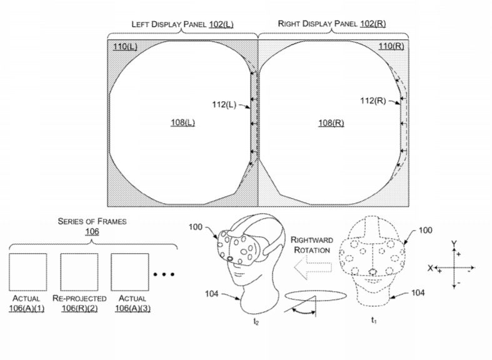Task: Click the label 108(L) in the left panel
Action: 183,122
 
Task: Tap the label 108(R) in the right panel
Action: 331,122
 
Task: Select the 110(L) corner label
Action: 125,46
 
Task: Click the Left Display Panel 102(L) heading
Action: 182,24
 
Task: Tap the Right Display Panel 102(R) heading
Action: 331,24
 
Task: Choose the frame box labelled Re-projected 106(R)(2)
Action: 79,272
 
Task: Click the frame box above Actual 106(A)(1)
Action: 28,272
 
